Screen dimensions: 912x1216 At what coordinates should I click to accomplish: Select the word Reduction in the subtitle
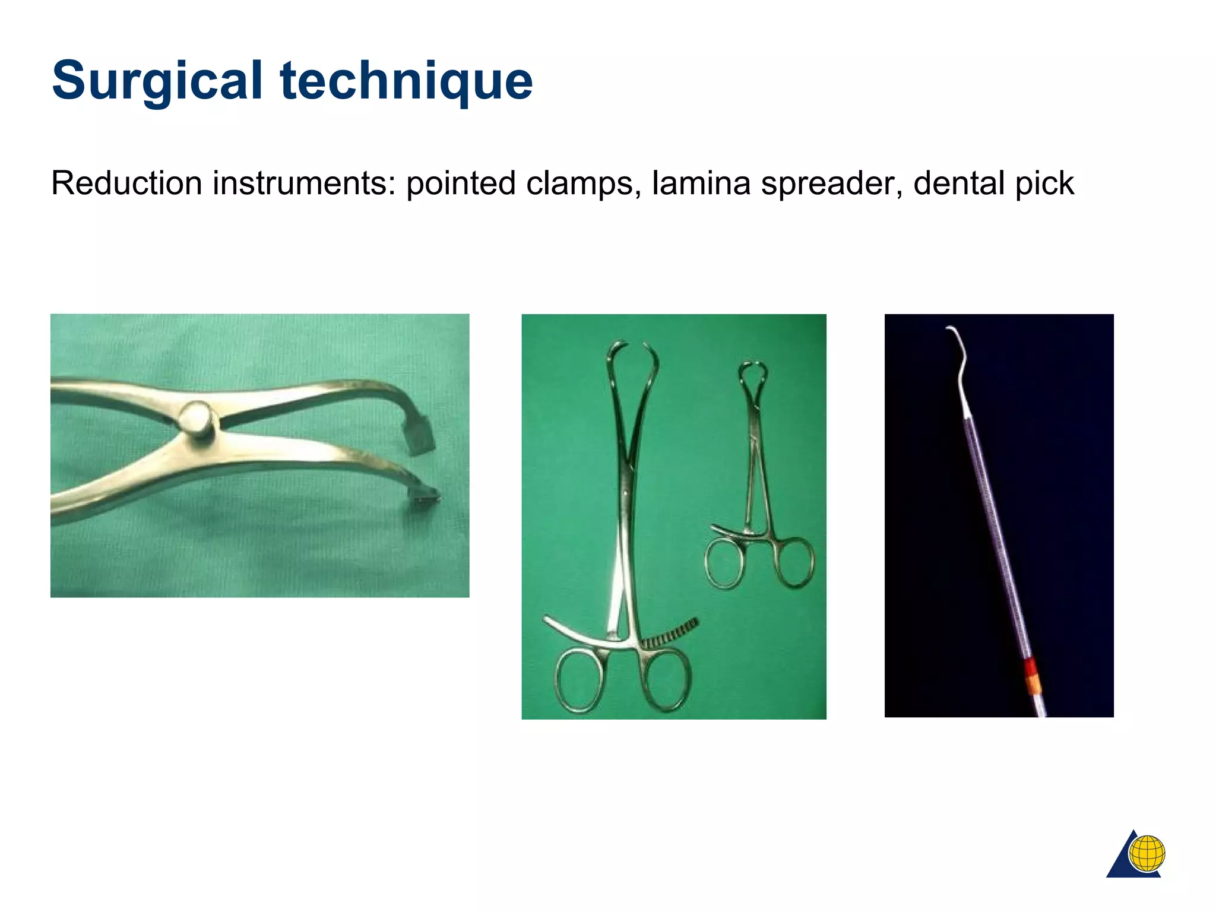coord(127,183)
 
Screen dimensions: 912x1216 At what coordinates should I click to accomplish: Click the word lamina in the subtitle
coord(701,183)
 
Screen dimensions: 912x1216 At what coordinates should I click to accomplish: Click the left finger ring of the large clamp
coord(581,680)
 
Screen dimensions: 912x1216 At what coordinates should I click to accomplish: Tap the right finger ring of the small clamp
coord(795,562)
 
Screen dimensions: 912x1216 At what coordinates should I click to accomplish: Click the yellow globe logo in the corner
coord(1147,853)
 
